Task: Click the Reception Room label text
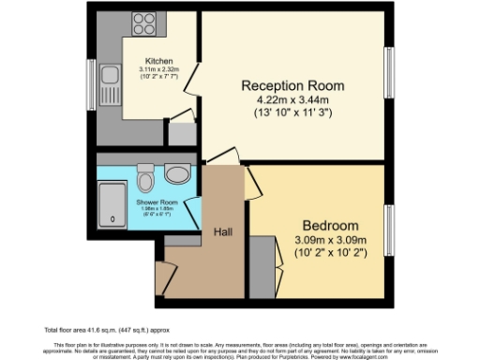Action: pos(292,85)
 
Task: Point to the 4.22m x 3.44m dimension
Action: pos(292,100)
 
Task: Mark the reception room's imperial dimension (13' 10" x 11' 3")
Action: pos(292,114)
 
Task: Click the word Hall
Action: pos(223,232)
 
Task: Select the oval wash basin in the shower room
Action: pos(175,174)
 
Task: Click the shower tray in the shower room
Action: pos(113,203)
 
